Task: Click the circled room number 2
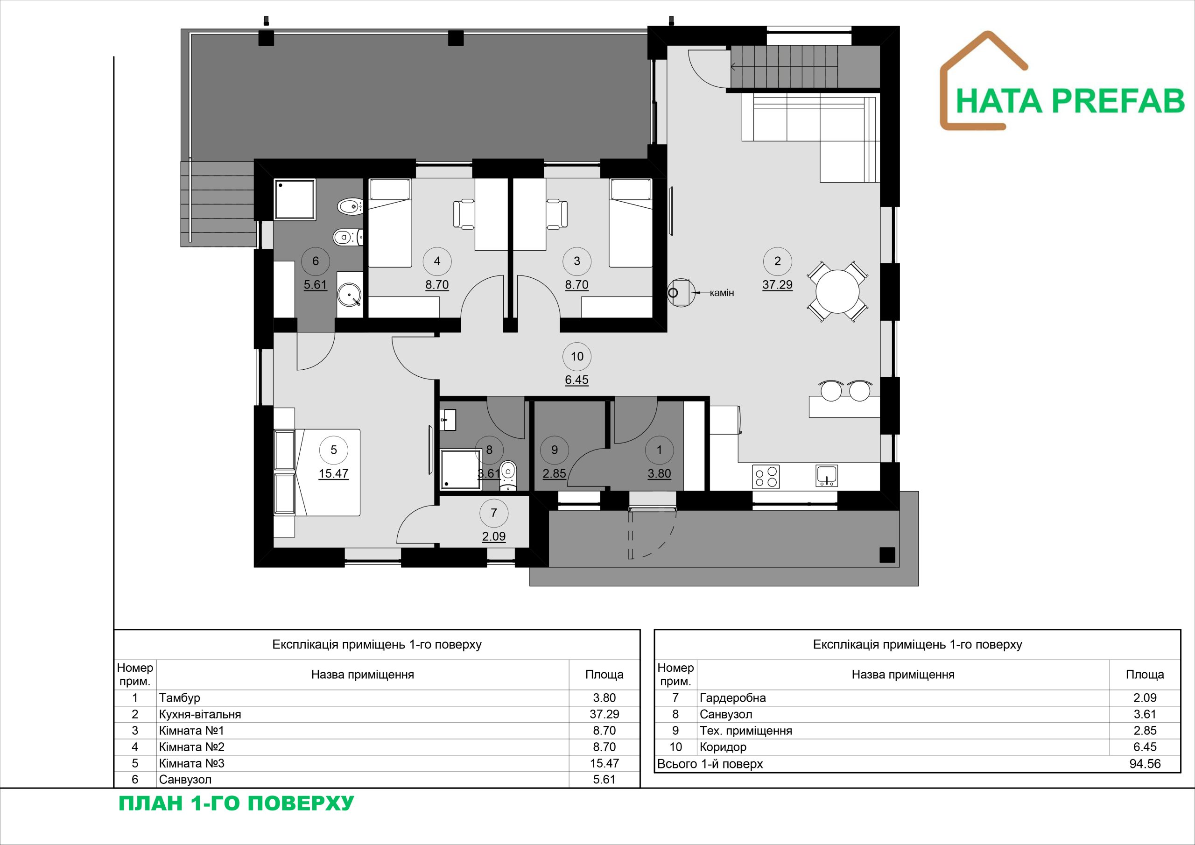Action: tap(777, 261)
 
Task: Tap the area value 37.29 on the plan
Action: tap(777, 285)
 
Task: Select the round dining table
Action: tap(837, 292)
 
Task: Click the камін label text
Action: tap(721, 293)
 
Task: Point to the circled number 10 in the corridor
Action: tap(576, 357)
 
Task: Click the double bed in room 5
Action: tap(317, 472)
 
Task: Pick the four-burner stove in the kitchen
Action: tap(766, 476)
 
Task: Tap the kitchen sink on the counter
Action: tap(827, 476)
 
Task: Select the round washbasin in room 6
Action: tap(349, 295)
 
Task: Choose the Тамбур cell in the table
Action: tap(180, 697)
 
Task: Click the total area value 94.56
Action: tap(1145, 764)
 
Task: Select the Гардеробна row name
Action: tap(732, 697)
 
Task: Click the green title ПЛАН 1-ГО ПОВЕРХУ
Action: tap(236, 803)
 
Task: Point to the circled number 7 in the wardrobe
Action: tap(493, 513)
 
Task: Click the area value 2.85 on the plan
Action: tap(554, 474)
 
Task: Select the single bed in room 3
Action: tap(631, 223)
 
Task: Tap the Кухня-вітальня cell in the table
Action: tap(200, 714)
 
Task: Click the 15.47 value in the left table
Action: tap(604, 763)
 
